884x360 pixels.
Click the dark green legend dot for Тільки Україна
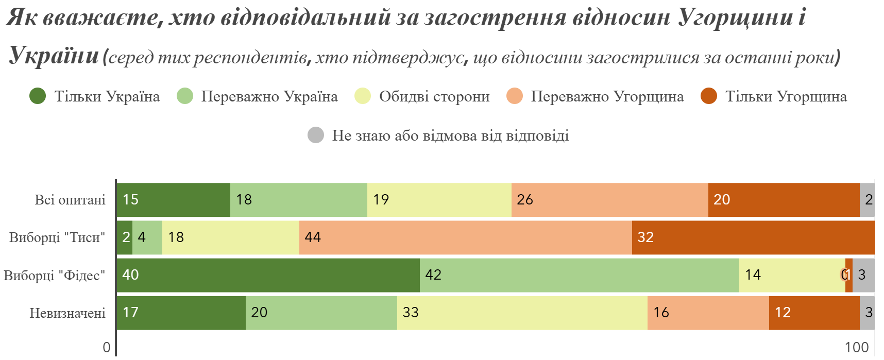click(38, 96)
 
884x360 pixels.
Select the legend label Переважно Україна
click(269, 97)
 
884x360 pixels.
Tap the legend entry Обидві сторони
click(434, 97)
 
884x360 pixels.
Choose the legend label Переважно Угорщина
click(607, 97)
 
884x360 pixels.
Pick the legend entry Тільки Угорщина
click(786, 97)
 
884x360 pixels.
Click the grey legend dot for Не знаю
click(316, 135)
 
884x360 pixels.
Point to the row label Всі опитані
click(70, 200)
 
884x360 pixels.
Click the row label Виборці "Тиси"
click(57, 237)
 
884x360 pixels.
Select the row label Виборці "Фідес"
click(55, 276)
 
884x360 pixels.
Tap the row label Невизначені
click(67, 313)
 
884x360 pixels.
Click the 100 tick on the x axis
click(856, 347)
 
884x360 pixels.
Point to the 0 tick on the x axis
click(107, 347)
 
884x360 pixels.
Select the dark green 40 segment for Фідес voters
click(268, 275)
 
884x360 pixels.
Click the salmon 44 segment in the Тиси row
click(465, 237)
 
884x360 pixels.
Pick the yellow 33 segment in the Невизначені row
click(522, 313)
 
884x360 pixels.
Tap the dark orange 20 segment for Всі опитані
click(784, 200)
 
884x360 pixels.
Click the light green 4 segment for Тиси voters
click(147, 237)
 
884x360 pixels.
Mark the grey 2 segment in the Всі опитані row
click(868, 200)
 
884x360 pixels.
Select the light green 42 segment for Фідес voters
click(579, 275)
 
